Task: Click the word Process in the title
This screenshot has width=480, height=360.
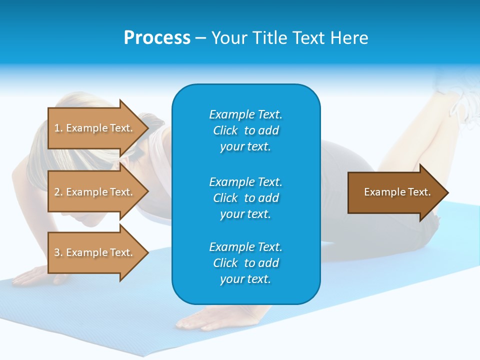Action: [157, 38]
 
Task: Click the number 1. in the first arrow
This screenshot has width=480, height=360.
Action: [58, 128]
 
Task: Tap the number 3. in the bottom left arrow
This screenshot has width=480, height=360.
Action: [58, 252]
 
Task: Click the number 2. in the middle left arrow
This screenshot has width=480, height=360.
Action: [58, 192]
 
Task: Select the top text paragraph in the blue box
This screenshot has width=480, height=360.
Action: [245, 130]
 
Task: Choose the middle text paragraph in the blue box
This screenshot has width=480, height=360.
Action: [245, 198]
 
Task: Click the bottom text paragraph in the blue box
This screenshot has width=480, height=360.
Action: [245, 263]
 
